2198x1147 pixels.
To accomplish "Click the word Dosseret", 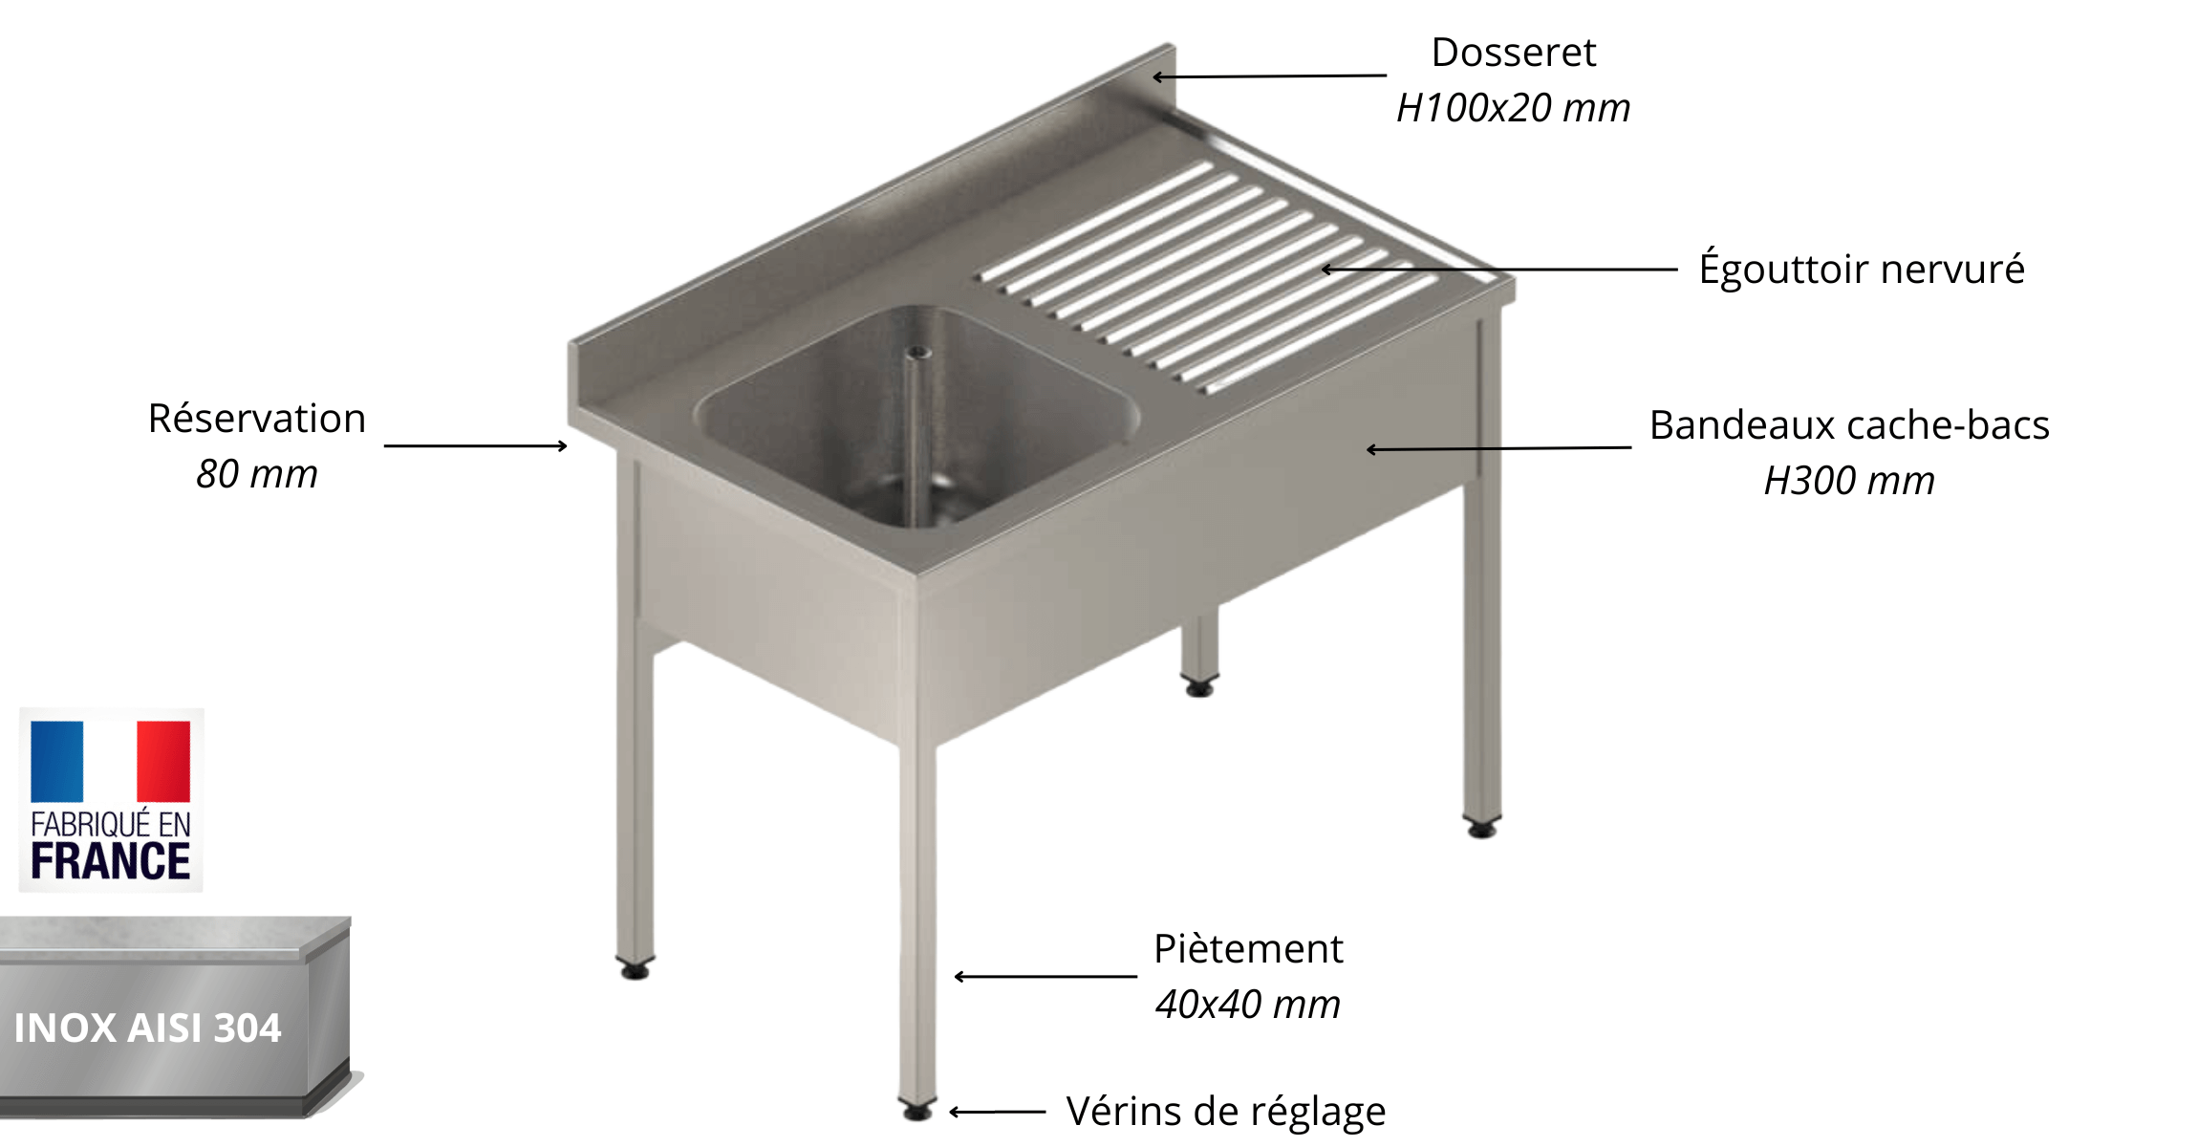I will pyautogui.click(x=1513, y=53).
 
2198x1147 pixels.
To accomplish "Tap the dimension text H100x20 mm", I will pyautogui.click(x=1513, y=108).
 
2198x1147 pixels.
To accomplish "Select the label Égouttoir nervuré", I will pyautogui.click(x=1861, y=269).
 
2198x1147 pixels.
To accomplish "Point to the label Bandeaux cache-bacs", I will pyautogui.click(x=1849, y=425).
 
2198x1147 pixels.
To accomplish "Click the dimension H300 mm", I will pyautogui.click(x=1849, y=481).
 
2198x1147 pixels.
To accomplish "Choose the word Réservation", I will pyautogui.click(x=257, y=419).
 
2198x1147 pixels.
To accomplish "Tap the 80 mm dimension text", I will pyautogui.click(x=257, y=474).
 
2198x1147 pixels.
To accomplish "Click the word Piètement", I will pyautogui.click(x=1248, y=949).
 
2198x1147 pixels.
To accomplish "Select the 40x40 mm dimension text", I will pyautogui.click(x=1248, y=1005).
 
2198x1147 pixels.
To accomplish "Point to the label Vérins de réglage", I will pyautogui.click(x=1225, y=1111).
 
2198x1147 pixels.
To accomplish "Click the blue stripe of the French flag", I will pyautogui.click(x=57, y=761).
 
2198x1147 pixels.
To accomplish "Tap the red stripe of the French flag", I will pyautogui.click(x=163, y=761).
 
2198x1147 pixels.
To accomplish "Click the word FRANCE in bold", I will pyautogui.click(x=111, y=861).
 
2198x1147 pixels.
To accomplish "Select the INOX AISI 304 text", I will pyautogui.click(x=148, y=1028).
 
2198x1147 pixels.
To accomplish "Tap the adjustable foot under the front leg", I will pyautogui.click(x=917, y=1111).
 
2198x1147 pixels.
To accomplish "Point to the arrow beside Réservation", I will pyautogui.click(x=475, y=445).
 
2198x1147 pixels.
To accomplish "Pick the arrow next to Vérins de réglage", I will pyautogui.click(x=997, y=1112).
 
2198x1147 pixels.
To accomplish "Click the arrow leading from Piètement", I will pyautogui.click(x=1045, y=977).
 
